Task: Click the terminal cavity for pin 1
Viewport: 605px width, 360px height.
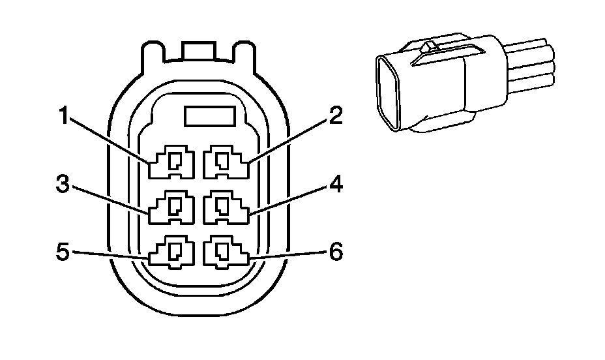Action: [172, 162]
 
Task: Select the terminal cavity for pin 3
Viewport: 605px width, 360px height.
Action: [172, 207]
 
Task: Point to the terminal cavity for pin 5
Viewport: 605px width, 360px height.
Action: [172, 253]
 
